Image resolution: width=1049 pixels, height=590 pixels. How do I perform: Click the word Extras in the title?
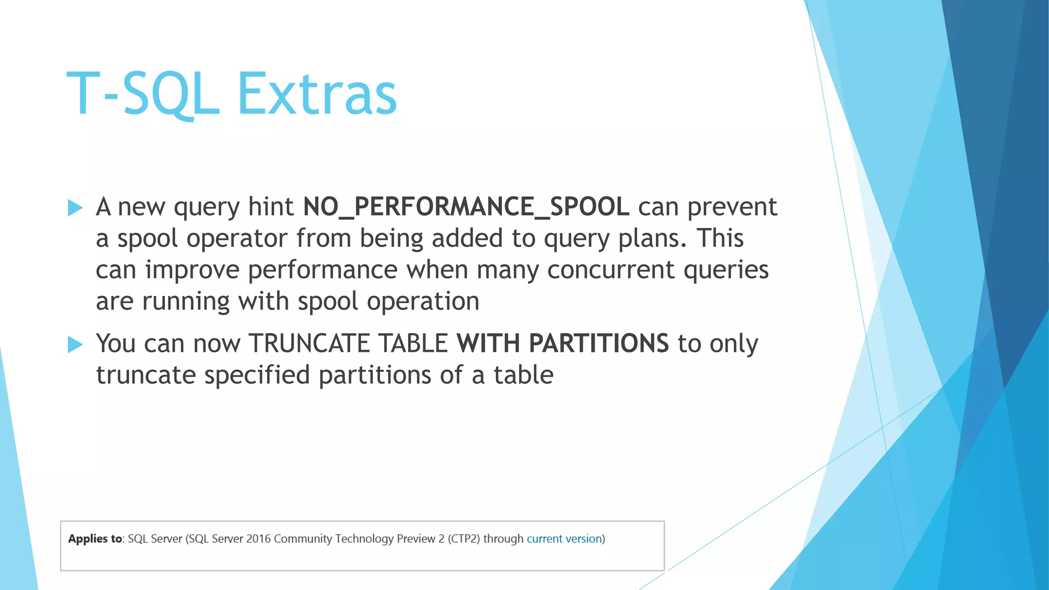click(x=317, y=94)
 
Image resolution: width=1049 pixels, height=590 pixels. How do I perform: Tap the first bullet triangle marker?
click(x=75, y=207)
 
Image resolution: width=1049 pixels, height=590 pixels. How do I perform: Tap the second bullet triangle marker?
click(x=75, y=344)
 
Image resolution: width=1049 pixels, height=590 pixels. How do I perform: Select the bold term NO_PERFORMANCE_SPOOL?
click(x=466, y=207)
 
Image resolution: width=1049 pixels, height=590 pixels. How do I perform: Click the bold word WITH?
click(x=488, y=343)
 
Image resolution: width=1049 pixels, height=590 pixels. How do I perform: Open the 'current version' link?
click(x=564, y=539)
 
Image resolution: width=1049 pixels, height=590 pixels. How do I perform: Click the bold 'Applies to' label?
click(x=95, y=539)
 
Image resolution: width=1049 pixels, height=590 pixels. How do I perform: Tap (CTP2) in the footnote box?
click(x=464, y=539)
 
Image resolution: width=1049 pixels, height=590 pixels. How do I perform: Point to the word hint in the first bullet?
click(x=271, y=207)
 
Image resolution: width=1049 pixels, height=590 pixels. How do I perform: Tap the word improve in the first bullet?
click(x=192, y=270)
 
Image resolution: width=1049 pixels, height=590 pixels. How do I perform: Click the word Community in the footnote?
click(x=303, y=539)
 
